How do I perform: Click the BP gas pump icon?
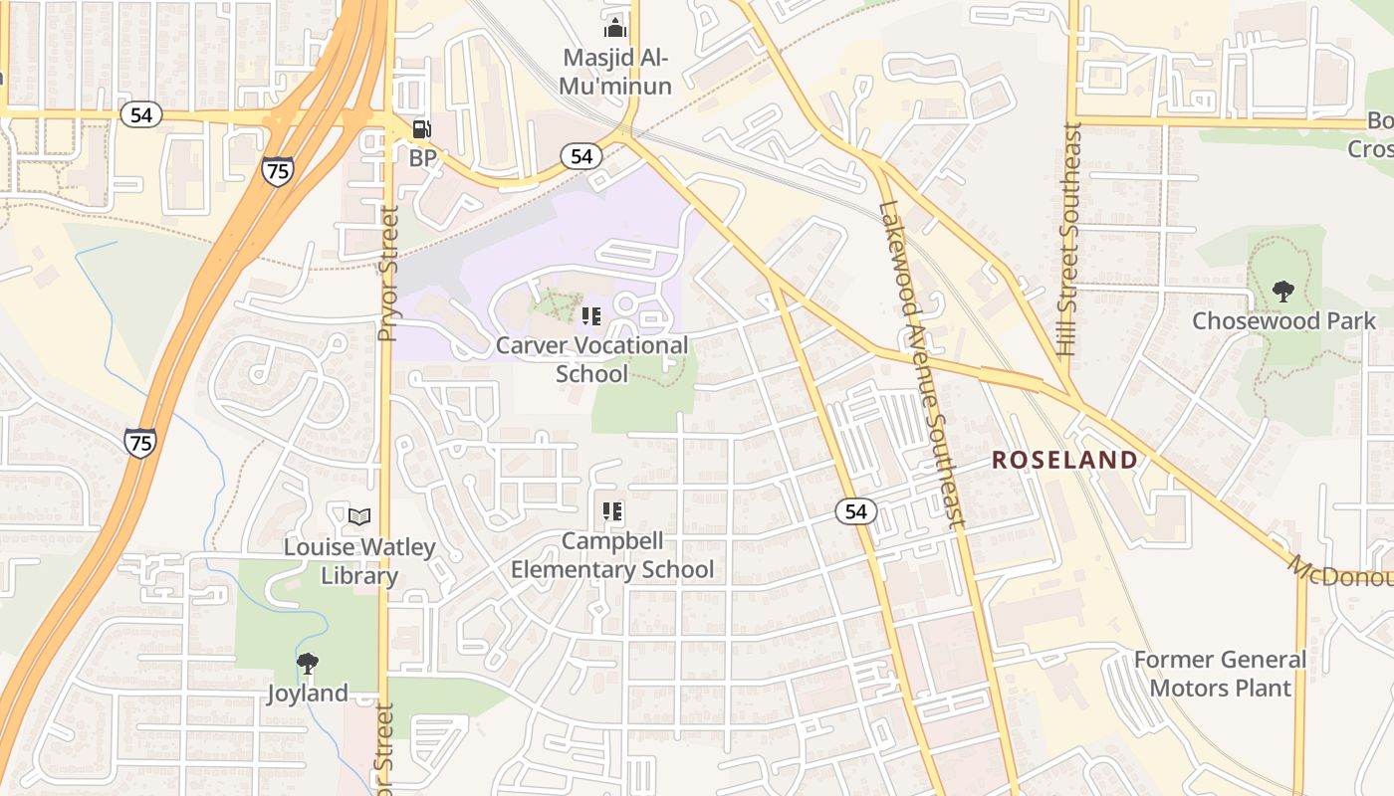click(x=422, y=129)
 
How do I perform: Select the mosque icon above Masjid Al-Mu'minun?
click(x=614, y=28)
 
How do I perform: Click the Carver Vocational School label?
click(x=591, y=359)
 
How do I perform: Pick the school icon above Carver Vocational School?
click(x=591, y=316)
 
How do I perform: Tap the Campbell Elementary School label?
click(x=612, y=555)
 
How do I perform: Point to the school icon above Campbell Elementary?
click(x=612, y=511)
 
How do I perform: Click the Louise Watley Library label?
click(x=359, y=561)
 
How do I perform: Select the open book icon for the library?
click(x=359, y=516)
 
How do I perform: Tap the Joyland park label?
click(x=308, y=694)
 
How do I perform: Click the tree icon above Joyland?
click(x=308, y=663)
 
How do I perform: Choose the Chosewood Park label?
click(x=1284, y=320)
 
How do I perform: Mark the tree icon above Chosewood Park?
click(x=1283, y=292)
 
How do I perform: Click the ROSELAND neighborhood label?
click(x=1064, y=460)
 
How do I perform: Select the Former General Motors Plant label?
click(x=1221, y=674)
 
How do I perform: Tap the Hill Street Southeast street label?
click(x=1069, y=239)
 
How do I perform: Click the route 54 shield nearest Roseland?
click(x=855, y=511)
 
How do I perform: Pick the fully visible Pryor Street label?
click(x=388, y=274)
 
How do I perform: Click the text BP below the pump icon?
click(x=423, y=158)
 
